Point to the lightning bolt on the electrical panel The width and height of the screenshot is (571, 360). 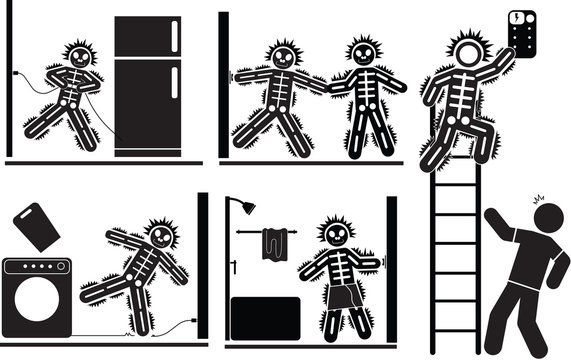(515, 18)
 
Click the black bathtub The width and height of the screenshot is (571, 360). (265, 317)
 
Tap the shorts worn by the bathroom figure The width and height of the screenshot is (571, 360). (338, 297)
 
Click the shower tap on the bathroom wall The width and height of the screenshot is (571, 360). (233, 267)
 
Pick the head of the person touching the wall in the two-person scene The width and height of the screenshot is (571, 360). (284, 57)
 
